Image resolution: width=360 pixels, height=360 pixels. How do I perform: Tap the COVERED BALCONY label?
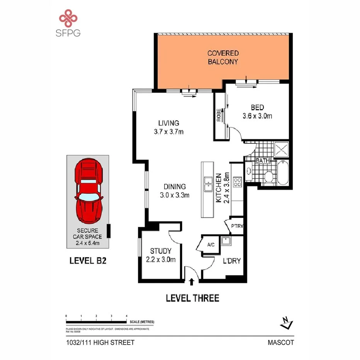(223, 57)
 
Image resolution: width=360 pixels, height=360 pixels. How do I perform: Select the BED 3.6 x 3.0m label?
(257, 112)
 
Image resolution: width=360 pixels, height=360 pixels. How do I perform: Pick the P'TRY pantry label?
(236, 226)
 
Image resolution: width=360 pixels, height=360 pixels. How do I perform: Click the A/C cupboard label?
(211, 245)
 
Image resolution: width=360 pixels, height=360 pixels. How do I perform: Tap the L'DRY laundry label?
(231, 261)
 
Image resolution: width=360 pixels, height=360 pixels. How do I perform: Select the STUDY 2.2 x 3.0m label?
(161, 255)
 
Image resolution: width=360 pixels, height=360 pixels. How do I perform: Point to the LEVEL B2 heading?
(88, 260)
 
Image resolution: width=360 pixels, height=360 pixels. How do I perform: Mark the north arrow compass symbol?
(286, 322)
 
